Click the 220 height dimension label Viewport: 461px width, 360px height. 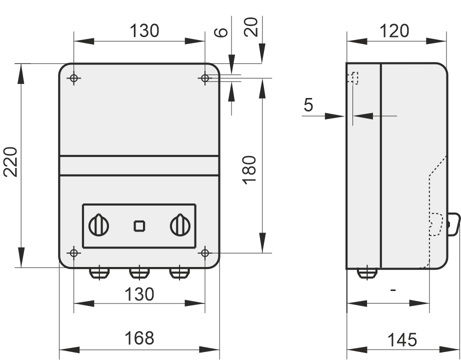click(10, 162)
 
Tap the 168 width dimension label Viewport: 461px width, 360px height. click(139, 338)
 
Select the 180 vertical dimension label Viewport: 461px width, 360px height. click(249, 170)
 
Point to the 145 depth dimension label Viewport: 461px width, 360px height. click(402, 340)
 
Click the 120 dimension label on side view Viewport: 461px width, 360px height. click(394, 31)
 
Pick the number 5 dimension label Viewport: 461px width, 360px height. click(308, 105)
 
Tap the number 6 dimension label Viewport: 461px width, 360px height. click(221, 32)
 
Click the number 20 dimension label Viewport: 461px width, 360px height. click(251, 27)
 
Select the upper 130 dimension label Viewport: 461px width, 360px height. click(144, 31)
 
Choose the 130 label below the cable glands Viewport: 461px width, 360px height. click(139, 294)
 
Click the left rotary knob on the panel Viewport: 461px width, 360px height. click(99, 225)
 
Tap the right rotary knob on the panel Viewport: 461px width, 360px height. click(180, 225)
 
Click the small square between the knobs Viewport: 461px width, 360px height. click(139, 226)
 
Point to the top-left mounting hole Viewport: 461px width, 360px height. click(74, 78)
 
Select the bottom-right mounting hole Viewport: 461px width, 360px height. click(205, 253)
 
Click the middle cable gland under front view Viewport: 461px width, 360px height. click(139, 273)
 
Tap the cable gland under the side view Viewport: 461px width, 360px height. click(367, 273)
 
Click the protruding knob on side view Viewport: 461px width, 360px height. click(454, 224)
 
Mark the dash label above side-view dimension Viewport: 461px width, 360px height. click(393, 290)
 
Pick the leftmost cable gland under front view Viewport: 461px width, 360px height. click(99, 273)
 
